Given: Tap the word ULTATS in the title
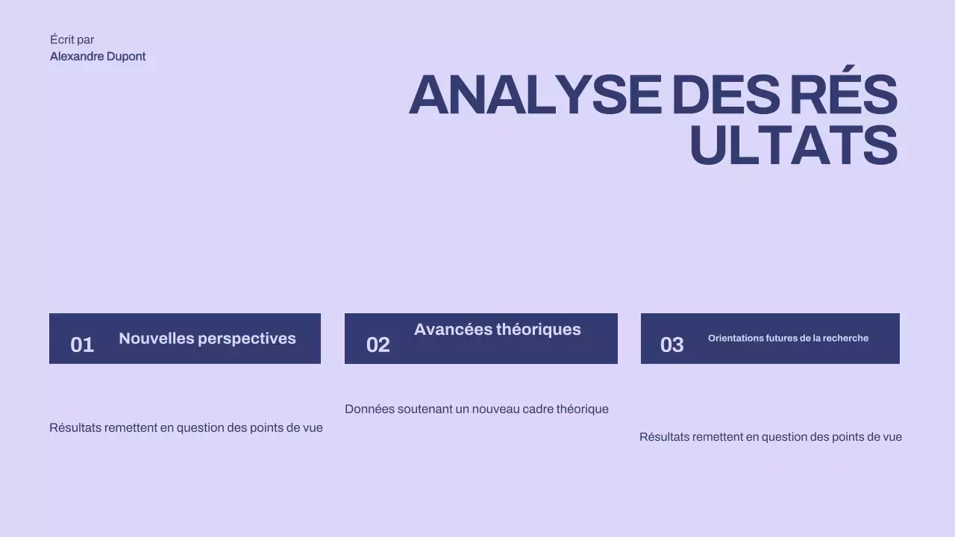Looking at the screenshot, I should [792, 146].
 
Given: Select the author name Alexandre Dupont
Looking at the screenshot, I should [98, 57].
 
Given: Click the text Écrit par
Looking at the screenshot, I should [72, 40].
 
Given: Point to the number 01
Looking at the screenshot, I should [82, 345].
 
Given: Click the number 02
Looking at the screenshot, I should [378, 345].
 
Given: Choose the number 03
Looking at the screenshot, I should [671, 345].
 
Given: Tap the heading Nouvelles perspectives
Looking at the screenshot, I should [207, 339].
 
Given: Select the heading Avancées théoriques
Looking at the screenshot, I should [497, 330].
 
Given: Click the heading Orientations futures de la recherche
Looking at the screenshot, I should [788, 339].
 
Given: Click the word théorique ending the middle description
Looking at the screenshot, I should [582, 409].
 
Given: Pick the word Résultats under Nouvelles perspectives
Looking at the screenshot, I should [75, 428].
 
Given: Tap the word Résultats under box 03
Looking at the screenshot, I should [665, 437].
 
